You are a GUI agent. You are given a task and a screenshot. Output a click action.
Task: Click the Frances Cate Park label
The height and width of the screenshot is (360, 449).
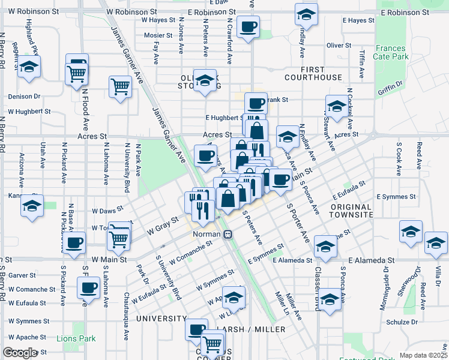click(x=391, y=53)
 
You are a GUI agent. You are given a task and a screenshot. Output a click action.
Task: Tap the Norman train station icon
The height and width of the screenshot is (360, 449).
click(x=228, y=234)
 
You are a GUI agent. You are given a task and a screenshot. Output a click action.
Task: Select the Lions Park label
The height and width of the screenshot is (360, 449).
click(x=76, y=339)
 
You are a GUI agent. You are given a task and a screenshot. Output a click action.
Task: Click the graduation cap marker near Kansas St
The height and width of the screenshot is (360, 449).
click(x=31, y=206)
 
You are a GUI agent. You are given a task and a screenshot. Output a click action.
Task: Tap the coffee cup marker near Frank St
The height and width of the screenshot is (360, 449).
click(x=255, y=103)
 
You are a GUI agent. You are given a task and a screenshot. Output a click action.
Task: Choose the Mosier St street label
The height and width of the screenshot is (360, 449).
click(x=158, y=35)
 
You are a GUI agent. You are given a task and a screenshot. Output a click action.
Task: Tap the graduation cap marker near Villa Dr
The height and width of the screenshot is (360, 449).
click(x=436, y=242)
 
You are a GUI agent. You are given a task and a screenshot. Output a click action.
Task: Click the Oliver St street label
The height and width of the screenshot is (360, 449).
click(x=339, y=46)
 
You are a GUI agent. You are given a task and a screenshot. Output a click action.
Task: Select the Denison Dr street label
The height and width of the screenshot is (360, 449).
click(x=24, y=96)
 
